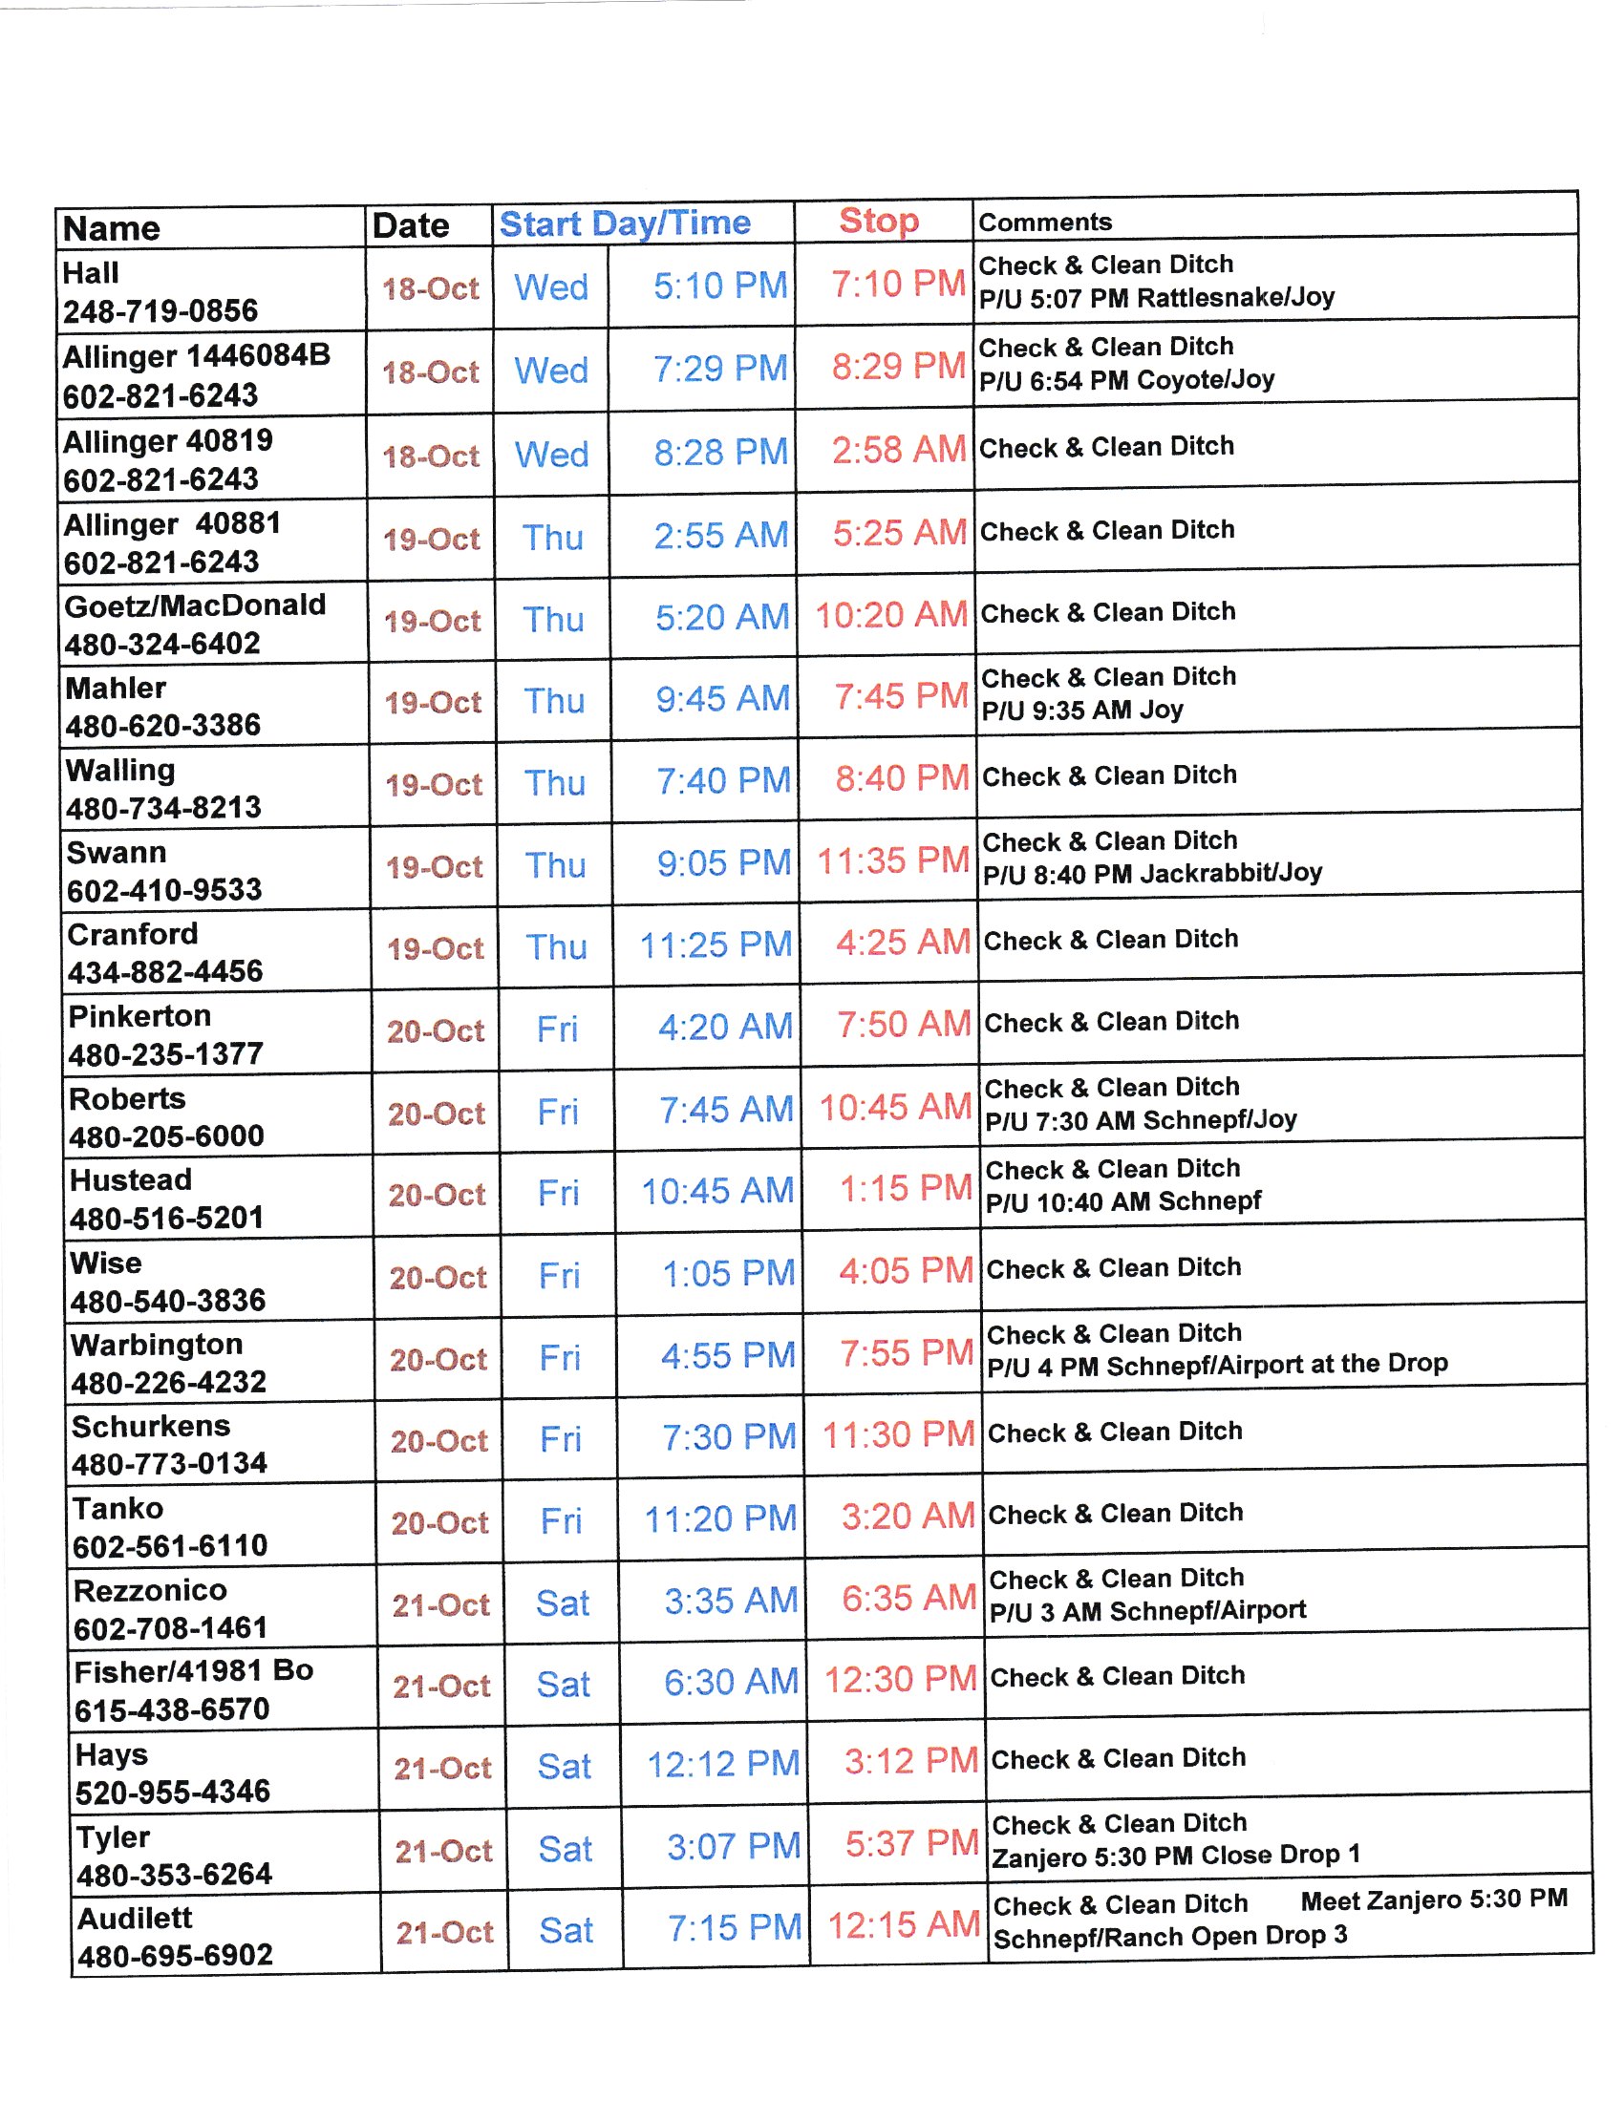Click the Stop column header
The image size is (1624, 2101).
878,222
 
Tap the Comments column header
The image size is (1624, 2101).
1045,223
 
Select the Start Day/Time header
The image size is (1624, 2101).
625,224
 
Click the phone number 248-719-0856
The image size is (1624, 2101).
160,310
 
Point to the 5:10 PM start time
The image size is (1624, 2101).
719,286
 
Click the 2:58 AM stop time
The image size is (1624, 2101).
899,450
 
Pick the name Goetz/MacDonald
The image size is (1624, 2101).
195,605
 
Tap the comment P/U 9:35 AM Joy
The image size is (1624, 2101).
1082,711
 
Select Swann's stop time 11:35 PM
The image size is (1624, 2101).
893,861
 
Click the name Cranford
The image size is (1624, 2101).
133,934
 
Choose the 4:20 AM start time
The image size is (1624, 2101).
724,1028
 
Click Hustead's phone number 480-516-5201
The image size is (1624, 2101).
166,1219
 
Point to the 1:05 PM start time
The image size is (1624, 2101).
728,1274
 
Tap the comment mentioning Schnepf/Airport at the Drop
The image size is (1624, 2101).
1217,1364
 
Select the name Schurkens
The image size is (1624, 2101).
151,1426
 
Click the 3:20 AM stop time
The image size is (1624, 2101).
908,1517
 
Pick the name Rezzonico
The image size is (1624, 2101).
150,1590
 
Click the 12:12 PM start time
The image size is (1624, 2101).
723,1764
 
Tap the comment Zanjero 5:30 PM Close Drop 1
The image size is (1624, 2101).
1176,1856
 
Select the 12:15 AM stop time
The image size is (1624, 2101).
904,1925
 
